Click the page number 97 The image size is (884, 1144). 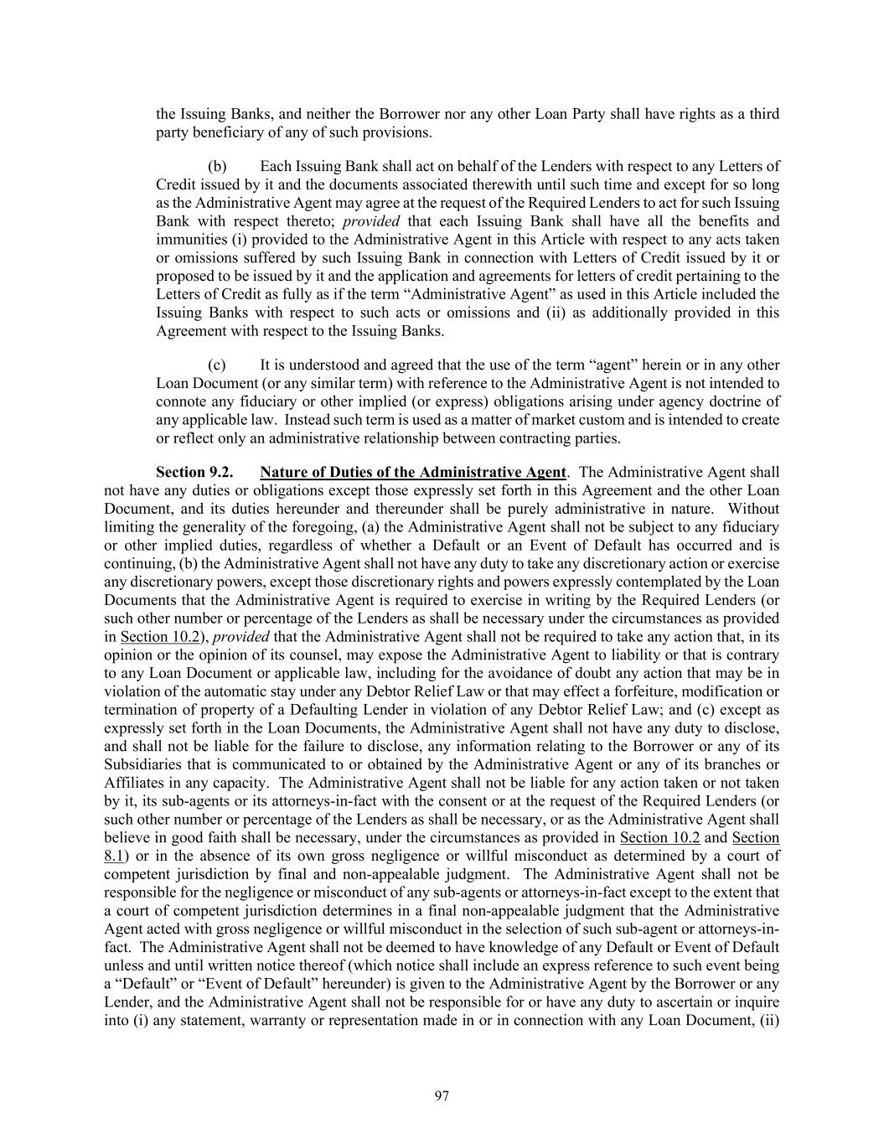(442, 1096)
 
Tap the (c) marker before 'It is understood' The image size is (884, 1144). (217, 365)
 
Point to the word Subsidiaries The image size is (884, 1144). (143, 764)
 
